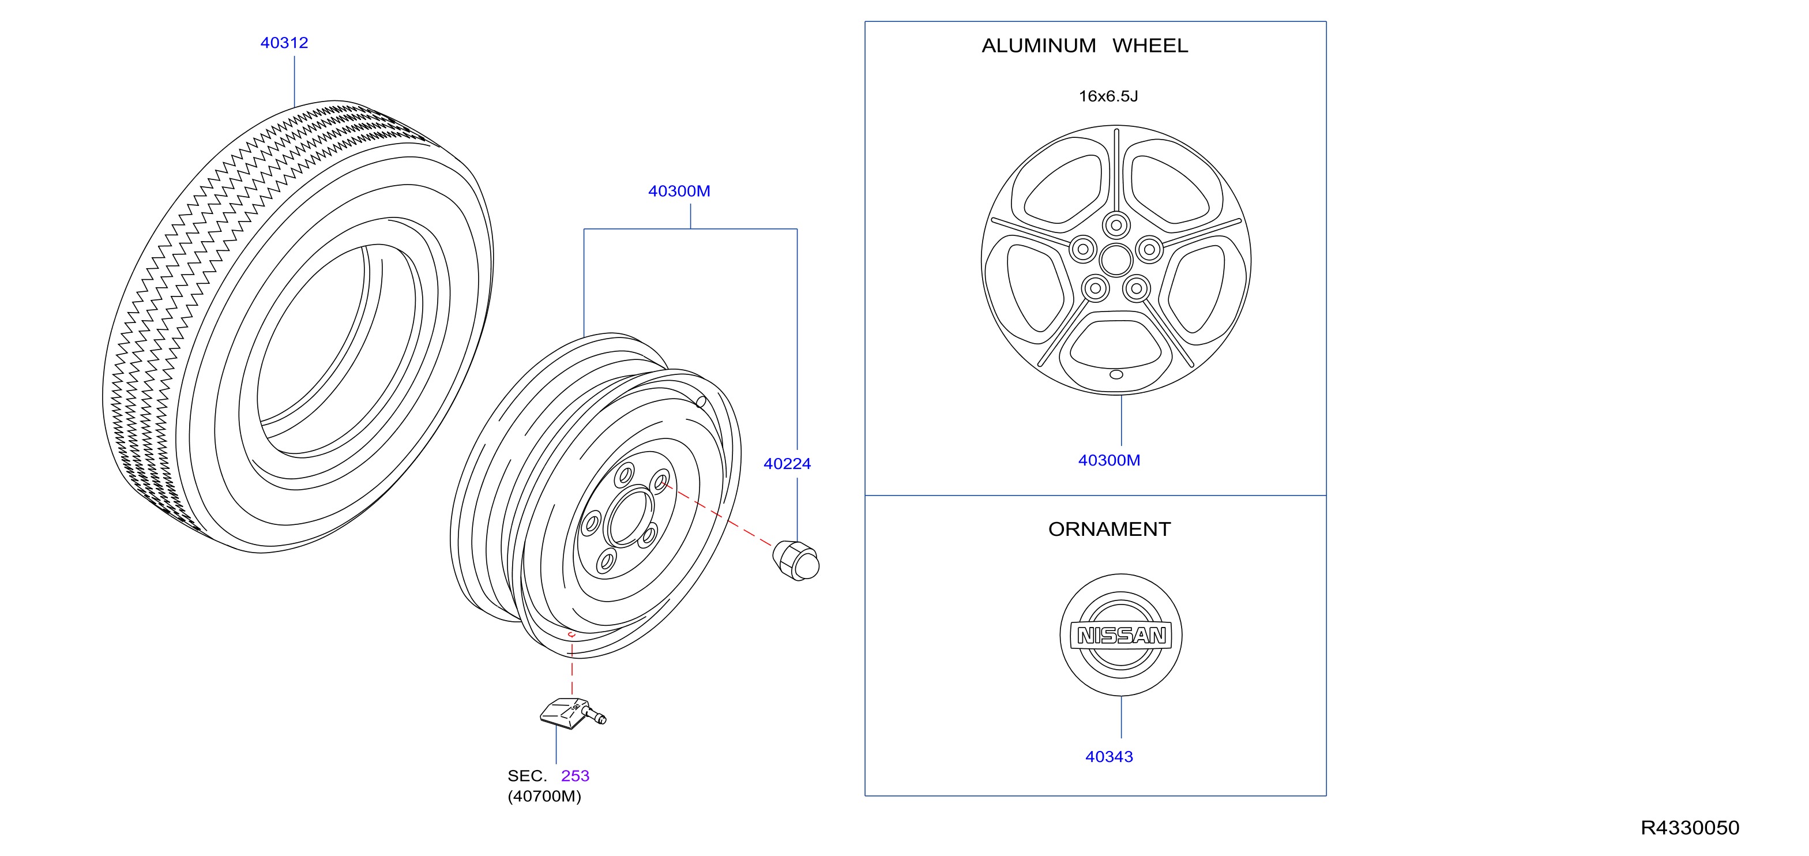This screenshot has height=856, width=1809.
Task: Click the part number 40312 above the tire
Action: pyautogui.click(x=284, y=43)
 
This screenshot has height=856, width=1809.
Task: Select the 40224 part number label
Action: pyautogui.click(x=787, y=464)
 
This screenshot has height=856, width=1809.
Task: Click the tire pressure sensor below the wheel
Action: pyautogui.click(x=572, y=714)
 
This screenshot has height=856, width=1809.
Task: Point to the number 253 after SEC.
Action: pyautogui.click(x=575, y=776)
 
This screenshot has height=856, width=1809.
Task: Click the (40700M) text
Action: pyautogui.click(x=544, y=797)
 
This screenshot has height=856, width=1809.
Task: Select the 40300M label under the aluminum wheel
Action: pyautogui.click(x=1109, y=461)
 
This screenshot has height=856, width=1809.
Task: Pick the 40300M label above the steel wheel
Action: pyautogui.click(x=679, y=191)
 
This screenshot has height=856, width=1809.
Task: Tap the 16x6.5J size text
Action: pyautogui.click(x=1108, y=96)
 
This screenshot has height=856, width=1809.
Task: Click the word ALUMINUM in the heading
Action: pyautogui.click(x=1039, y=46)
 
